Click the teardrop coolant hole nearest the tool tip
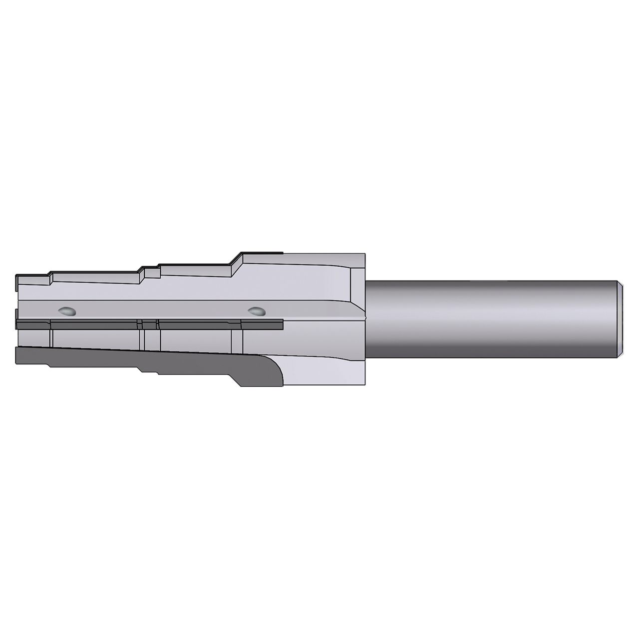pos(67,312)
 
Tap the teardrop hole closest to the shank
pos(257,312)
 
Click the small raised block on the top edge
pos(152,273)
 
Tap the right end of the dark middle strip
pos(281,325)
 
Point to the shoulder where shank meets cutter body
pos(366,319)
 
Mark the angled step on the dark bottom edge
pos(236,379)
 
